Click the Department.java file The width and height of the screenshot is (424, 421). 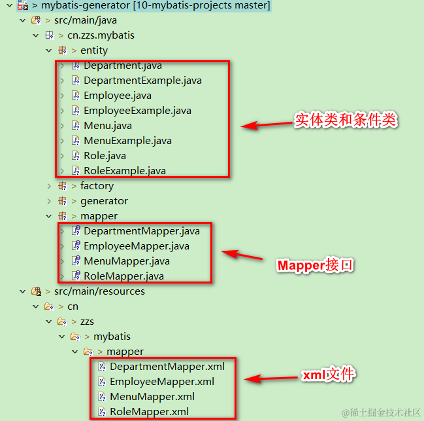click(x=122, y=65)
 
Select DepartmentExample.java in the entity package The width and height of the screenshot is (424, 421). click(x=142, y=81)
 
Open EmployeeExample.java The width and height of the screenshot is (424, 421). click(x=137, y=111)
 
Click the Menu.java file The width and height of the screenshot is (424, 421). click(x=107, y=126)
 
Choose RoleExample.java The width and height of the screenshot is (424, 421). click(x=124, y=171)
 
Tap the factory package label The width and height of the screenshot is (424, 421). click(x=97, y=186)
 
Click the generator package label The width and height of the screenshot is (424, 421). click(x=104, y=201)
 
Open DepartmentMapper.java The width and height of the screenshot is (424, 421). click(x=141, y=231)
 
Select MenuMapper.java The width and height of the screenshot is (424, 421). click(x=126, y=261)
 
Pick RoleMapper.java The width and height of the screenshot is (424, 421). click(x=123, y=276)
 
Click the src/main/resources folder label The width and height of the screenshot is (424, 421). click(x=99, y=291)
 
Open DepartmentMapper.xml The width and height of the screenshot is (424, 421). click(x=167, y=367)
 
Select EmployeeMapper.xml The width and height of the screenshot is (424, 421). click(x=162, y=382)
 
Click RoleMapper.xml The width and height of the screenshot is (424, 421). click(x=149, y=412)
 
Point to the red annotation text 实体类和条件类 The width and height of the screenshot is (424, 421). click(x=346, y=120)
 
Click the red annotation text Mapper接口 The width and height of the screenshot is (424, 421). click(x=316, y=265)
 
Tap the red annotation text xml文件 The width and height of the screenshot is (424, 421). click(x=329, y=375)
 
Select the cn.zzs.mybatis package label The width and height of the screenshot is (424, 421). click(x=101, y=35)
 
